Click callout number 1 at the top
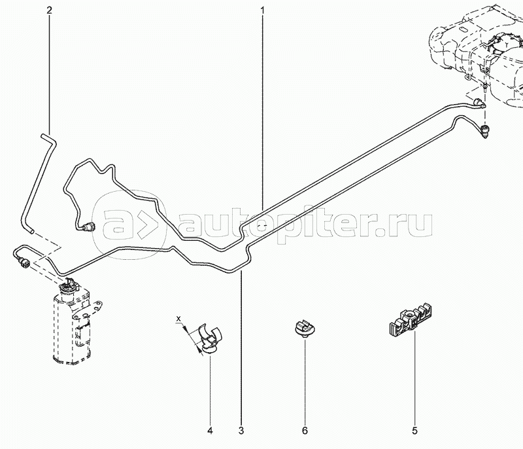pos(263,11)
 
